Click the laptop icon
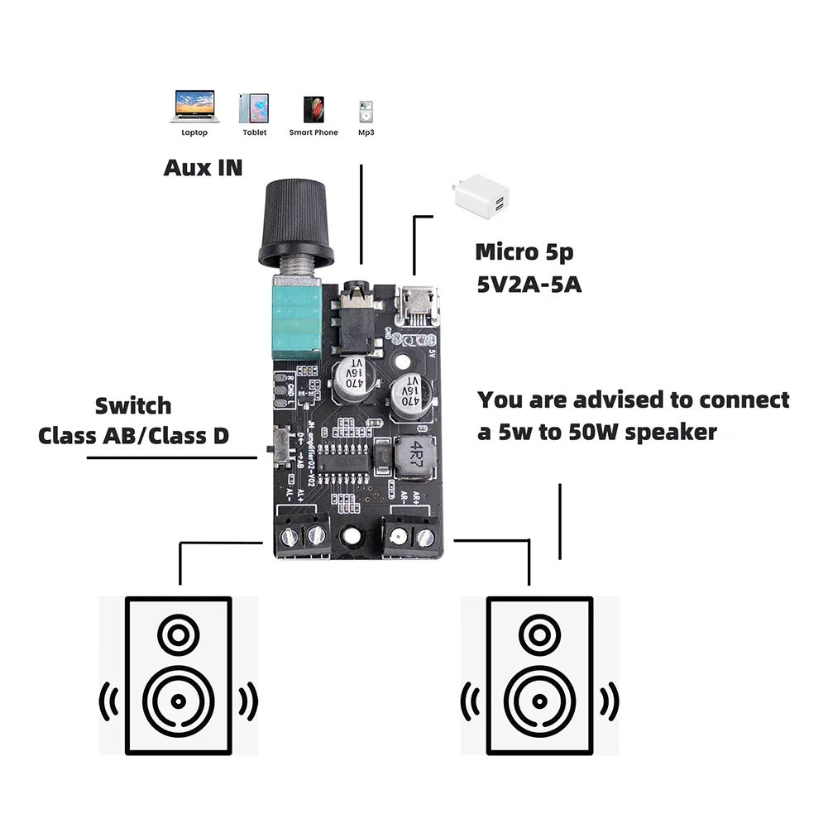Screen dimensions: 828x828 point(193,106)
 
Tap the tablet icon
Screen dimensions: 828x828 point(253,108)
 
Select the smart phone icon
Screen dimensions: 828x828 point(313,108)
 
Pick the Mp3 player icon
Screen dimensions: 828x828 point(365,112)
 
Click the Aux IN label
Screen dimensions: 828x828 point(203,167)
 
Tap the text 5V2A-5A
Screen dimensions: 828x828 point(529,284)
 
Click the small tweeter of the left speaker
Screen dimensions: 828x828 point(176,636)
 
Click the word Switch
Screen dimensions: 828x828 point(133,406)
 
